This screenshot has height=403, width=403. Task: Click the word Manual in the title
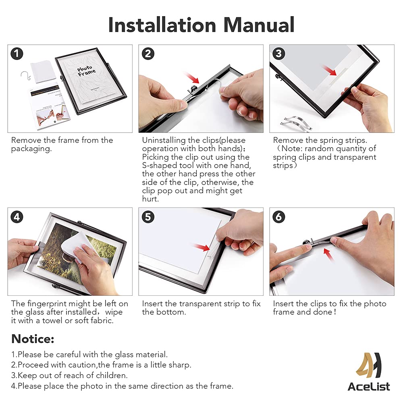pos(259,25)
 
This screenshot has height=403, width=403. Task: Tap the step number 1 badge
pos(17,54)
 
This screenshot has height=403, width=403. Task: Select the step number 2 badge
pos(148,54)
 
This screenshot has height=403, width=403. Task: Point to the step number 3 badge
pos(279,54)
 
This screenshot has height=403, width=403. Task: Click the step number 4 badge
pos(17,217)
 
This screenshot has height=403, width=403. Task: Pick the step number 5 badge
pos(148,217)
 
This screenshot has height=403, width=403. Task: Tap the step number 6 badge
pos(279,217)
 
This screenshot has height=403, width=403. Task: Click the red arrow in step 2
pos(191,78)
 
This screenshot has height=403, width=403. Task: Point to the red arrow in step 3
pos(330,70)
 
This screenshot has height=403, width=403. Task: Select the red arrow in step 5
pos(202,247)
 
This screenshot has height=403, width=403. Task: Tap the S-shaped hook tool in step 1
pos(26,76)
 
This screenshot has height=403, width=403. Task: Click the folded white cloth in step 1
pos(43,72)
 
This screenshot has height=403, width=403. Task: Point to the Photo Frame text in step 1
pos(86,71)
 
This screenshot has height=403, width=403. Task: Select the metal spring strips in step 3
pos(297,123)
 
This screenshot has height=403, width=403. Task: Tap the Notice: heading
pos(33,339)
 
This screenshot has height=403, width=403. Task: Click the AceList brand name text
pos(369,386)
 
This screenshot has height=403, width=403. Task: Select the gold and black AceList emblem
pos(369,365)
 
